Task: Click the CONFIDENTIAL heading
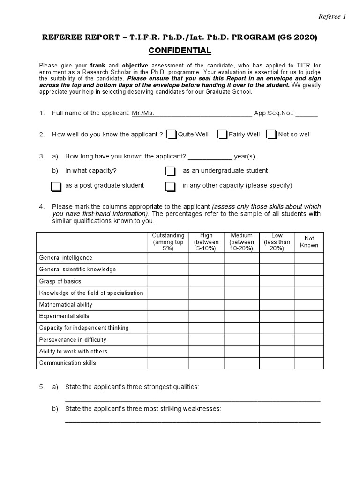180,51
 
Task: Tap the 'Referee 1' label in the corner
332,17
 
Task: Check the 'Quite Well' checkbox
172,135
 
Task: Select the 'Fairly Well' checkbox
223,135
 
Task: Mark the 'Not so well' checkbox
271,135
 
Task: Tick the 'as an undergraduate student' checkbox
171,171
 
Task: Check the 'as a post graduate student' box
56,186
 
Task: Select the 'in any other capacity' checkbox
171,186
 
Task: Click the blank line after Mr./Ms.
202,114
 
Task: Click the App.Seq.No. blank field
307,114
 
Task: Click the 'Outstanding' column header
168,242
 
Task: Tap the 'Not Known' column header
309,242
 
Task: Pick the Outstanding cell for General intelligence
168,258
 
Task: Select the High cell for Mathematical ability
206,305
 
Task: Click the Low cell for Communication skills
277,363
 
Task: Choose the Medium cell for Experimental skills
242,316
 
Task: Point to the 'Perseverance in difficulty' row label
73,340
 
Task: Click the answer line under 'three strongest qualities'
192,400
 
